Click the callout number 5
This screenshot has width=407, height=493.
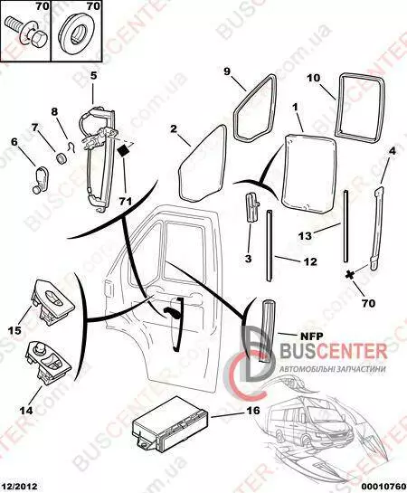tap(94, 75)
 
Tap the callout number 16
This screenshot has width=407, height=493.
tap(253, 411)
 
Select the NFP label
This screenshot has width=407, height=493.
tap(312, 337)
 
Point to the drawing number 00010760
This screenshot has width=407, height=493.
tap(383, 487)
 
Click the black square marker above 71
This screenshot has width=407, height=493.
tap(123, 150)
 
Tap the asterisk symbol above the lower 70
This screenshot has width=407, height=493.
tap(348, 274)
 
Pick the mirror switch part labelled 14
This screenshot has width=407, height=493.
tap(48, 361)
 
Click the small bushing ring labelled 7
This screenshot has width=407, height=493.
tap(61, 157)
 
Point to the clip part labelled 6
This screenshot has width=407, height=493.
tap(41, 179)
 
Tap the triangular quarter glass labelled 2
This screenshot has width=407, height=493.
tap(203, 164)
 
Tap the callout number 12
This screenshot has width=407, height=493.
tap(310, 261)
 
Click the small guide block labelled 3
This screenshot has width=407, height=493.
tap(251, 207)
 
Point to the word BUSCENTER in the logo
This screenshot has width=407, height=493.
tap(333, 351)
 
